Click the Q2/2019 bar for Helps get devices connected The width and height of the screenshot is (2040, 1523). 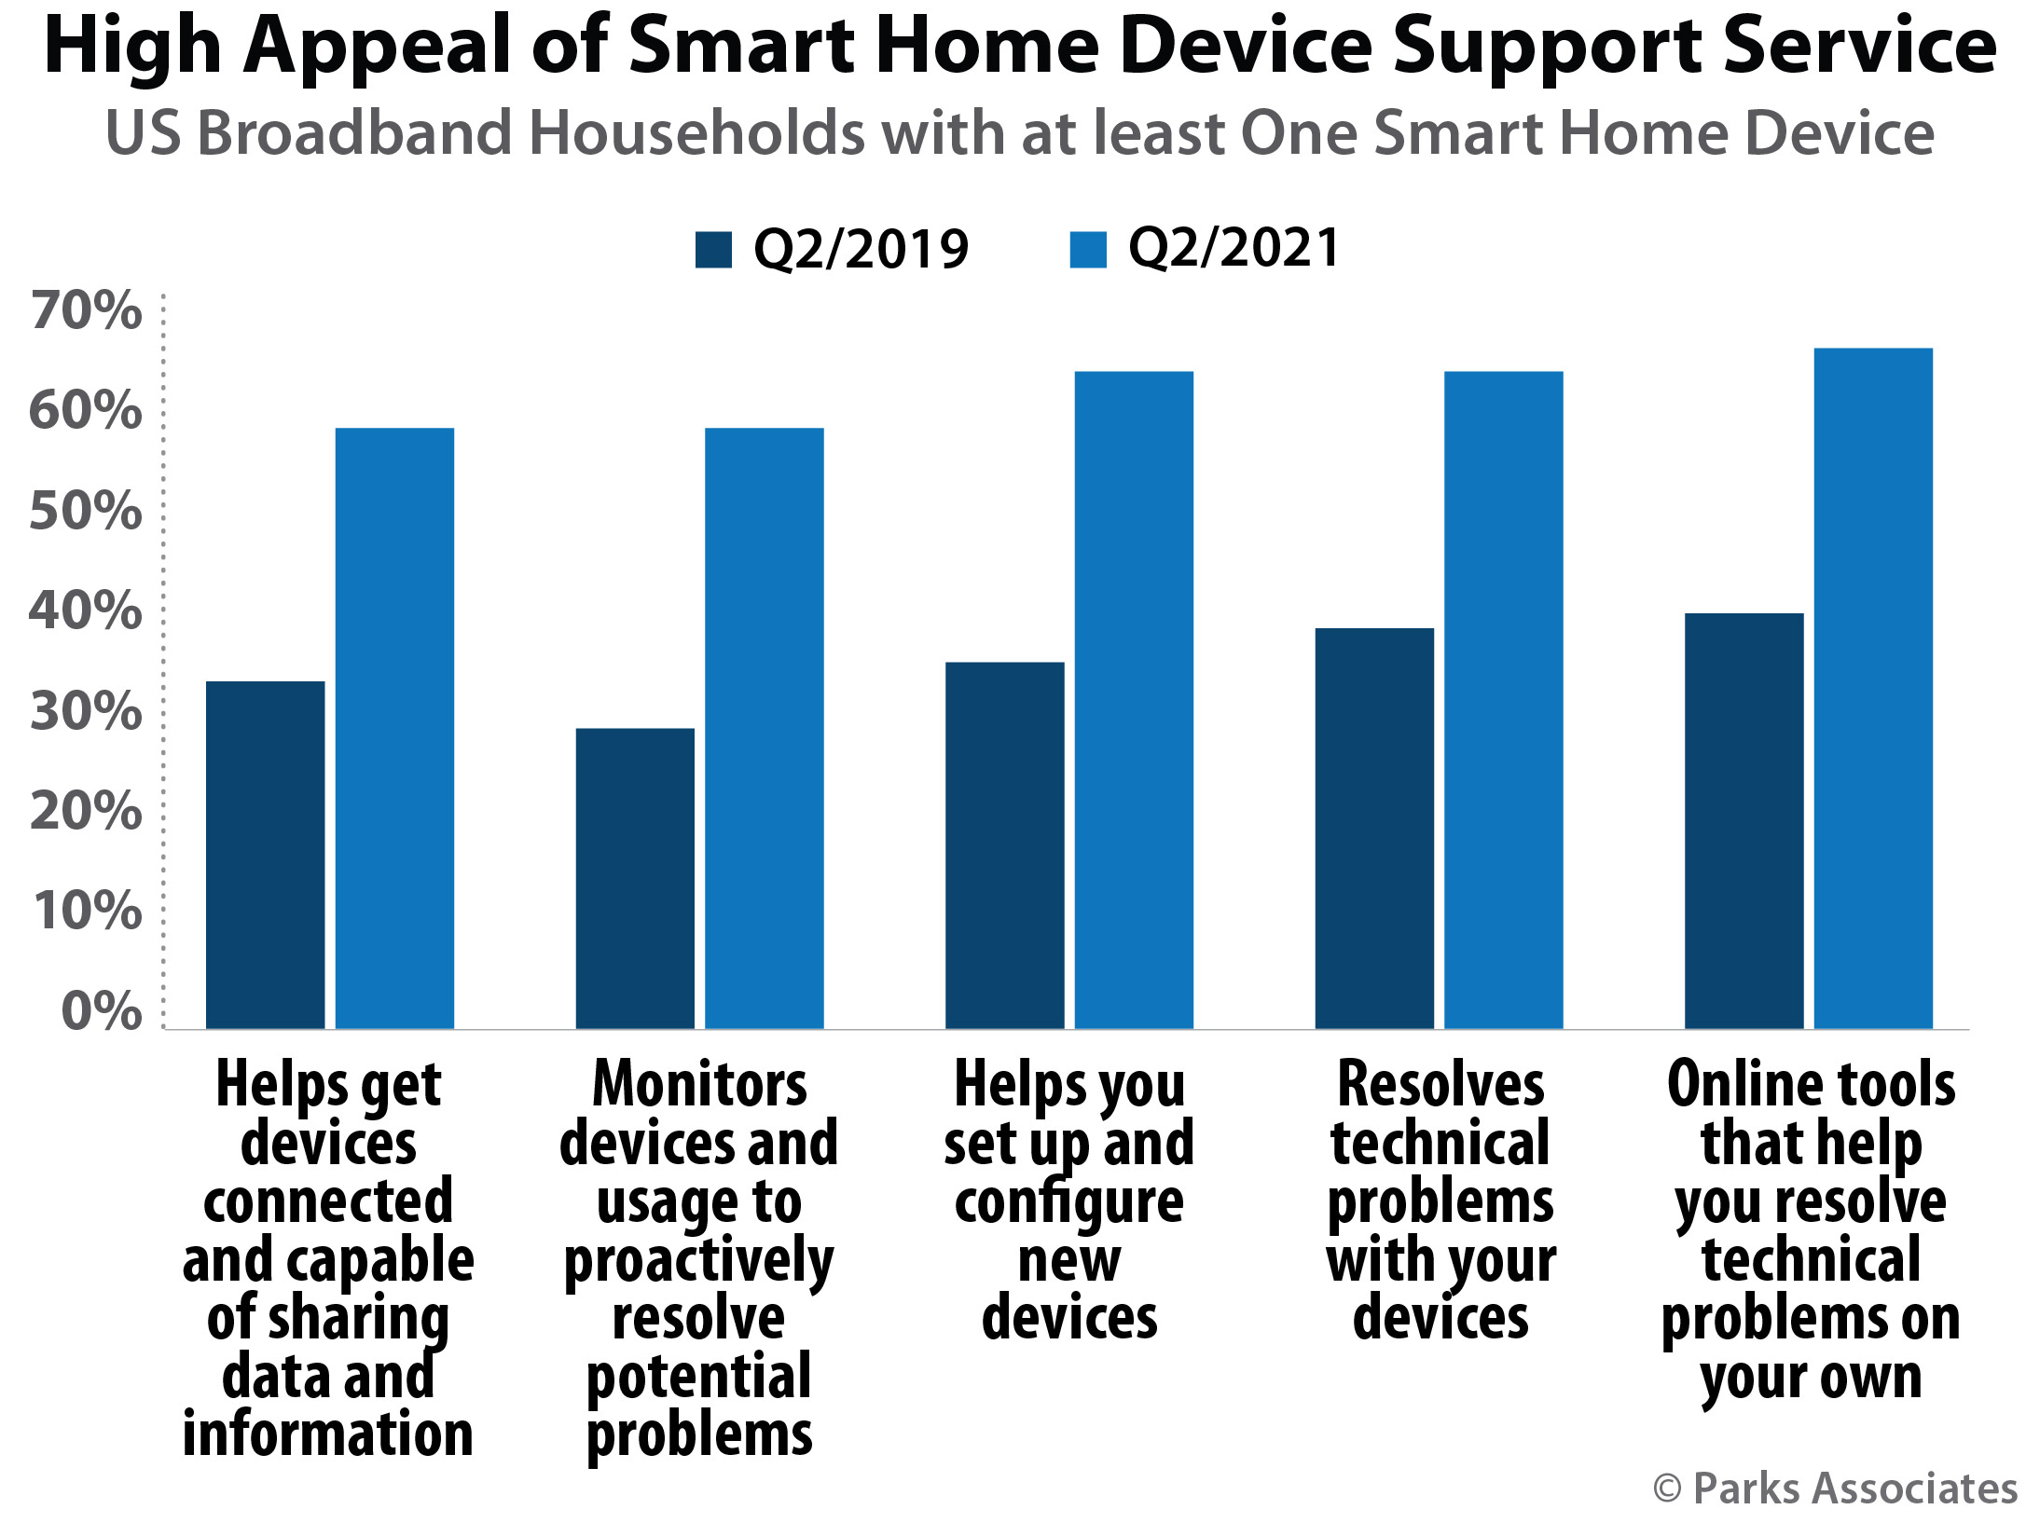point(265,855)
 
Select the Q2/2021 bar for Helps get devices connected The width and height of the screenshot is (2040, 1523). point(394,728)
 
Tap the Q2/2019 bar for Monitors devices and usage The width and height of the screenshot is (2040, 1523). point(635,878)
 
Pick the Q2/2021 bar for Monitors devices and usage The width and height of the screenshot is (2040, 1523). point(764,728)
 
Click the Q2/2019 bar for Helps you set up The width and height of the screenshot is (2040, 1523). point(1004,845)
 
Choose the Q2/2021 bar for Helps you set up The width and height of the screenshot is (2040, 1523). point(1134,700)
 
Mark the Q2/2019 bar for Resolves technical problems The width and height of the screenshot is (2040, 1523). point(1374,829)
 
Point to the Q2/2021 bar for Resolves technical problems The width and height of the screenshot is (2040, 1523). point(1503,700)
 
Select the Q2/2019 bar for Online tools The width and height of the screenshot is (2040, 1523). point(1744,821)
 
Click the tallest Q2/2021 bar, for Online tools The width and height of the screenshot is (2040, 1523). point(1873,688)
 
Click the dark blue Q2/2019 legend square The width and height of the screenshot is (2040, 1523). point(713,250)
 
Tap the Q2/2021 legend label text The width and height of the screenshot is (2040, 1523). point(1234,249)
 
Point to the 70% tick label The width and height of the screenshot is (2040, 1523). point(86,310)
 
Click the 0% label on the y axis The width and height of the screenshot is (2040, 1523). point(102,1011)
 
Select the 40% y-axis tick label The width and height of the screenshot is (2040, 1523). point(86,611)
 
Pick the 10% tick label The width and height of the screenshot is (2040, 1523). point(88,911)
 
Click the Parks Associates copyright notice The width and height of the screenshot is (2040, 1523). point(1835,1489)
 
